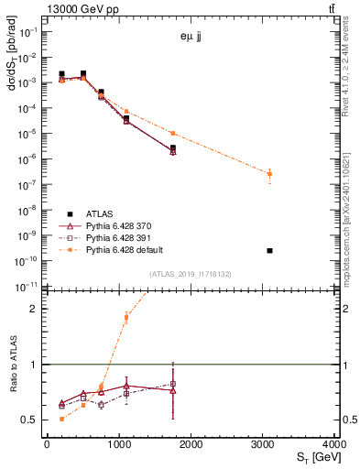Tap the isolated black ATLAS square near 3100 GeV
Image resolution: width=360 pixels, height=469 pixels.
[x=269, y=250]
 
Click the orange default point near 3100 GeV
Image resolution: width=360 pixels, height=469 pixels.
[x=269, y=173]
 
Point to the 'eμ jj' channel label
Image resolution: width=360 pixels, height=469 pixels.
[x=192, y=37]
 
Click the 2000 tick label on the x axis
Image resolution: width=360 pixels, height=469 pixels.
[x=191, y=445]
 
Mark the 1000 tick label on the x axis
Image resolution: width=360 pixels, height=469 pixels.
[x=118, y=445]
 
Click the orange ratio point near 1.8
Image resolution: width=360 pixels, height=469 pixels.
[x=125, y=318]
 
